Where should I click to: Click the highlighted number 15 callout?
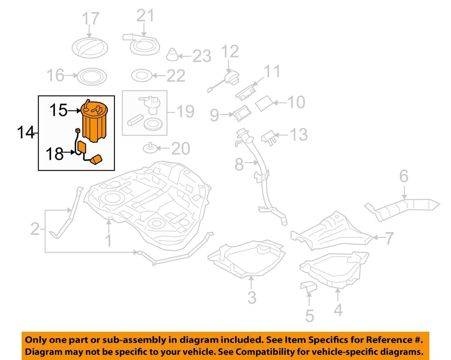click(58, 110)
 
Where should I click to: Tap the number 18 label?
click(54, 154)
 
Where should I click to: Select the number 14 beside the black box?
click(26, 132)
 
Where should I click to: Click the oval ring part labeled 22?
click(142, 76)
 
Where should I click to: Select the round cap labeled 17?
click(90, 48)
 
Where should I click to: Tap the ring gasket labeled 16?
click(92, 76)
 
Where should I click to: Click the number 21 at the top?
click(145, 16)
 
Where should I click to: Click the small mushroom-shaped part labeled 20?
click(150, 148)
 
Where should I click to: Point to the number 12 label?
click(230, 51)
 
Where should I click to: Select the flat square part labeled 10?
click(264, 103)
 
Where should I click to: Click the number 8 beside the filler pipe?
click(239, 165)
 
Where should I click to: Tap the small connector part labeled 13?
click(269, 137)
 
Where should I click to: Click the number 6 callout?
click(403, 176)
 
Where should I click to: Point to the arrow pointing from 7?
click(378, 238)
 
